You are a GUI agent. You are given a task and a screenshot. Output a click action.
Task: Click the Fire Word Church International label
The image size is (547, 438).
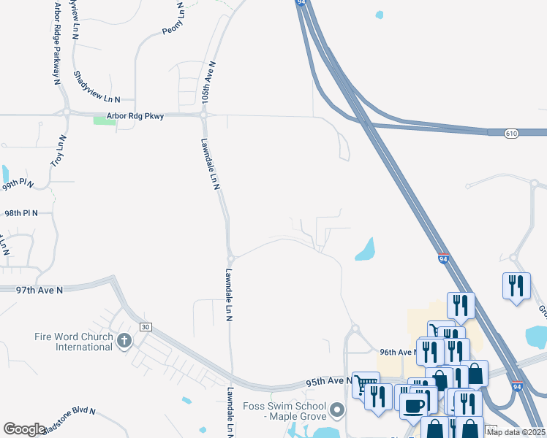pyautogui.click(x=73, y=342)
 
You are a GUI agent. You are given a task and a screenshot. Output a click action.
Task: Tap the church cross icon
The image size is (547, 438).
pyautogui.click(x=125, y=339)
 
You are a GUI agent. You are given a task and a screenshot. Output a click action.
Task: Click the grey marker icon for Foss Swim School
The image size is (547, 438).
pyautogui.click(x=337, y=410)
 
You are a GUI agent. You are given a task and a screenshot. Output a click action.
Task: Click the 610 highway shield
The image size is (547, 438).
pyautogui.click(x=512, y=133)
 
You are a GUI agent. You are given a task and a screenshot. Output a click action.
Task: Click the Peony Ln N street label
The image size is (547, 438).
pyautogui.click(x=172, y=19)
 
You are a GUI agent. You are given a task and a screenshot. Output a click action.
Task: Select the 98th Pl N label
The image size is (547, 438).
pyautogui.click(x=20, y=213)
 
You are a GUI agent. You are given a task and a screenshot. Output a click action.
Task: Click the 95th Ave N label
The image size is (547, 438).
pyautogui.click(x=325, y=381)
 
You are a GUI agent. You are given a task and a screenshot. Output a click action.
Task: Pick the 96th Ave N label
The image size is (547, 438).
pyautogui.click(x=397, y=352)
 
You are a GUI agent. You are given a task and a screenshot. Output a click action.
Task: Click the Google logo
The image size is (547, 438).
pyautogui.click(x=24, y=429)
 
